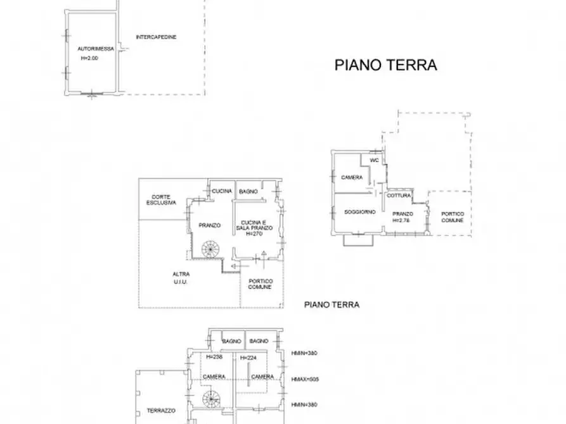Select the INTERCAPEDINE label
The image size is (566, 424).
click(156, 37)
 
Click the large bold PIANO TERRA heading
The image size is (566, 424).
click(385, 65)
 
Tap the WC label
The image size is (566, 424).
click(374, 160)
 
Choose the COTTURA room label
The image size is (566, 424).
click(400, 196)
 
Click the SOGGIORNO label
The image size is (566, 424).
click(359, 211)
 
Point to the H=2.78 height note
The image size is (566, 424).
click(402, 220)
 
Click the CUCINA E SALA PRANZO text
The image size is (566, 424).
click(256, 225)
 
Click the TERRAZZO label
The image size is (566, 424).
click(160, 411)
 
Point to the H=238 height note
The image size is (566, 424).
click(215, 357)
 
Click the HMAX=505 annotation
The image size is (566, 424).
click(305, 379)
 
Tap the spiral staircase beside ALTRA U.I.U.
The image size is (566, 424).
click(209, 250)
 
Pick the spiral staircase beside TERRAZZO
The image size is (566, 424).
click(209, 399)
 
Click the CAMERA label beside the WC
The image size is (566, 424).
click(352, 177)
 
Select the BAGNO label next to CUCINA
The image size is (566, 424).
click(248, 191)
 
